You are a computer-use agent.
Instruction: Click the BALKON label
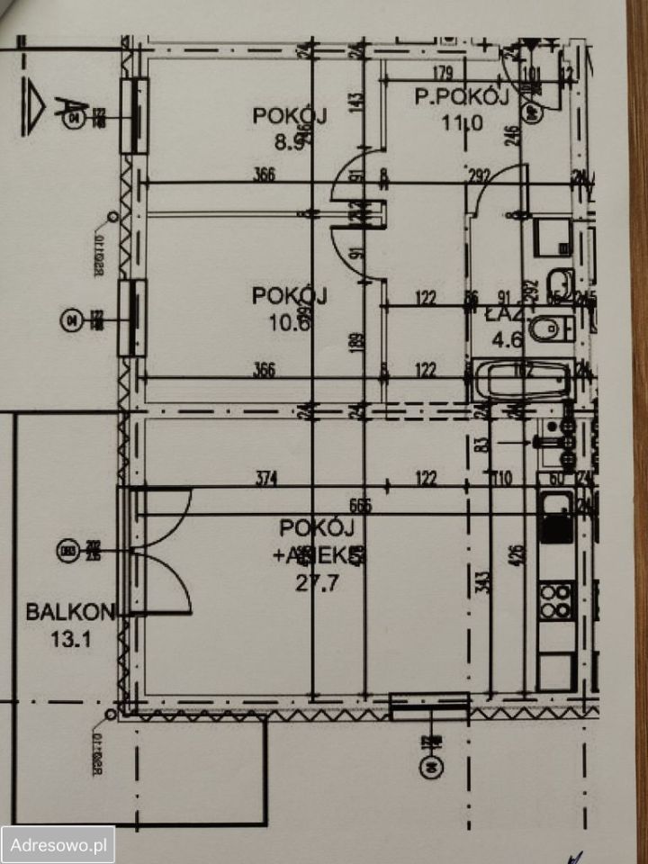tap(70, 613)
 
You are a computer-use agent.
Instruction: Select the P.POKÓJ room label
tap(462, 96)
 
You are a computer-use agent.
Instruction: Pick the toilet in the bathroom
tap(546, 329)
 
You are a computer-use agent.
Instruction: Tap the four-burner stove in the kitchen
tap(555, 598)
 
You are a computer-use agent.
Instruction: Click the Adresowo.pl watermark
tap(58, 844)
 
